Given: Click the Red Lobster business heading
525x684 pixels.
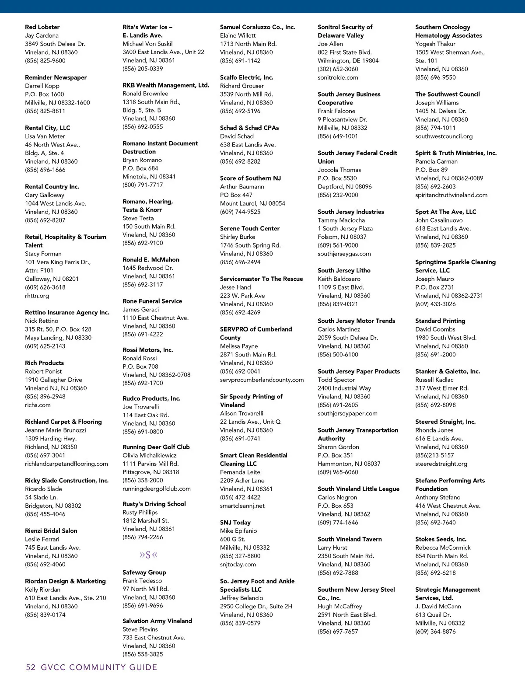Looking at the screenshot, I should click(x=42, y=27).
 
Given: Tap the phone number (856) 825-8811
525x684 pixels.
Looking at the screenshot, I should click(x=45, y=111).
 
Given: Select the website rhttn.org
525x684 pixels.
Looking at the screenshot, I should click(x=37, y=296).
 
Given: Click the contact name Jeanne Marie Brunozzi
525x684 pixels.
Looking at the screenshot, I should click(x=56, y=430).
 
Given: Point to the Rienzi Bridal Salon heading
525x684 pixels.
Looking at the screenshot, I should click(x=51, y=530).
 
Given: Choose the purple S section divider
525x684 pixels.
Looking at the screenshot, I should click(x=148, y=555).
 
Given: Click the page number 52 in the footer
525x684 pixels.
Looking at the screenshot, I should click(x=31, y=667).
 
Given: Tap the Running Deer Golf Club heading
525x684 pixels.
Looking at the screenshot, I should click(x=156, y=447).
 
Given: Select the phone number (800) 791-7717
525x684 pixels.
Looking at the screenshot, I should click(x=143, y=185).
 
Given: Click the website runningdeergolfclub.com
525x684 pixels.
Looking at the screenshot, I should click(x=157, y=489).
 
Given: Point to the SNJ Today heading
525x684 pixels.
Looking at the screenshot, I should click(x=235, y=522).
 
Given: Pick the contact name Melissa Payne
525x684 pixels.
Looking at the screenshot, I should click(x=239, y=346).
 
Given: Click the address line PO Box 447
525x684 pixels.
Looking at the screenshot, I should click(x=236, y=195).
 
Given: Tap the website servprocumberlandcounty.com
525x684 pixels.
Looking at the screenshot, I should click(x=262, y=380).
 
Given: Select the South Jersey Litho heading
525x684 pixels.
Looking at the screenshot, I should click(x=344, y=270).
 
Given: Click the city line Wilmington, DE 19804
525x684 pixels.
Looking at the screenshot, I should click(x=348, y=60).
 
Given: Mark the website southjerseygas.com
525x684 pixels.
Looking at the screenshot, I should click(x=344, y=254).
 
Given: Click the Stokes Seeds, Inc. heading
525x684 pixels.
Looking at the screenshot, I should click(x=441, y=539).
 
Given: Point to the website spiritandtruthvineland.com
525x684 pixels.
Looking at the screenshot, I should click(x=451, y=195).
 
